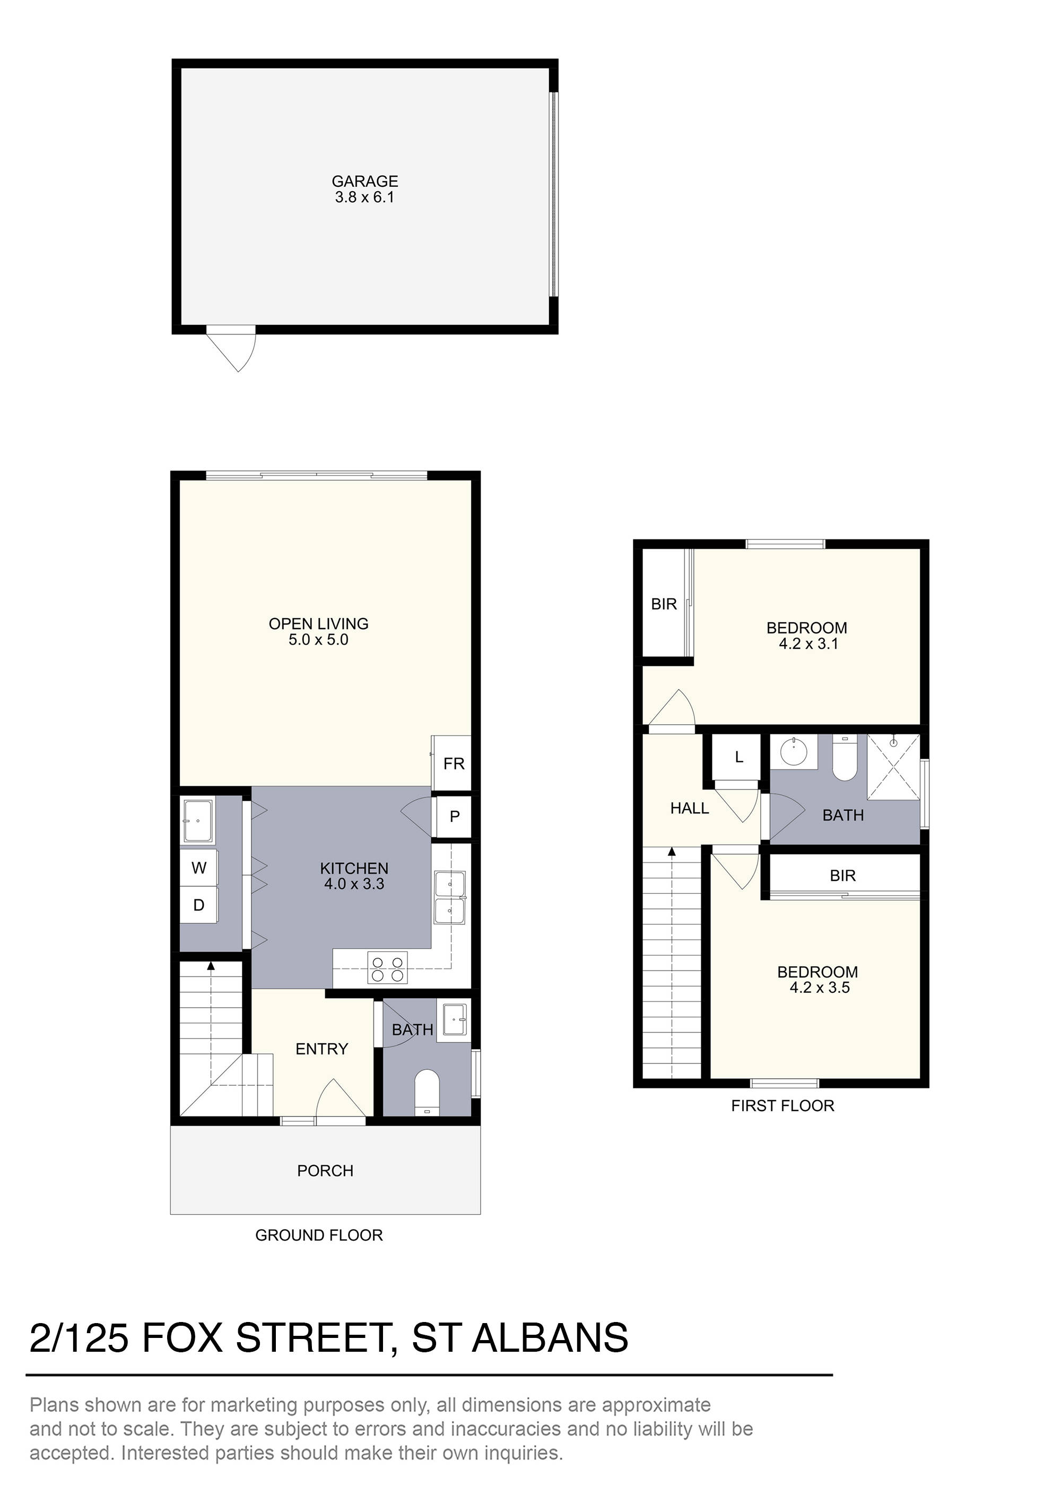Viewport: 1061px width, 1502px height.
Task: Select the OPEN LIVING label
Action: (318, 623)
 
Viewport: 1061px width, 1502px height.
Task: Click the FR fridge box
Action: (453, 763)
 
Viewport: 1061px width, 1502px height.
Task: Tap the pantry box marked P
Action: (454, 817)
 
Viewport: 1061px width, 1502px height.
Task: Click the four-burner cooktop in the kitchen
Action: (387, 967)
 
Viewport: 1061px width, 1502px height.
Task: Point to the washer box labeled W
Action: (199, 868)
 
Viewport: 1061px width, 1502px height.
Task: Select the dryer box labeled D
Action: (199, 905)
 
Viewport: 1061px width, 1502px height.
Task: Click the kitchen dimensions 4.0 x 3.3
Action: (354, 884)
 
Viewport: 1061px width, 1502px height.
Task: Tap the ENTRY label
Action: (321, 1049)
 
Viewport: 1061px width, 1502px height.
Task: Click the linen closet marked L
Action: (738, 757)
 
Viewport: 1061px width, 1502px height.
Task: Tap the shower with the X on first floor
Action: (892, 767)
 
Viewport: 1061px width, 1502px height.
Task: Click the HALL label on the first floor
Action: (689, 809)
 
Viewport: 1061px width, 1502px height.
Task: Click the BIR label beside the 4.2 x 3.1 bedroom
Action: (664, 604)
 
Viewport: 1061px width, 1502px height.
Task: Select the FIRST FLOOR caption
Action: (782, 1105)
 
